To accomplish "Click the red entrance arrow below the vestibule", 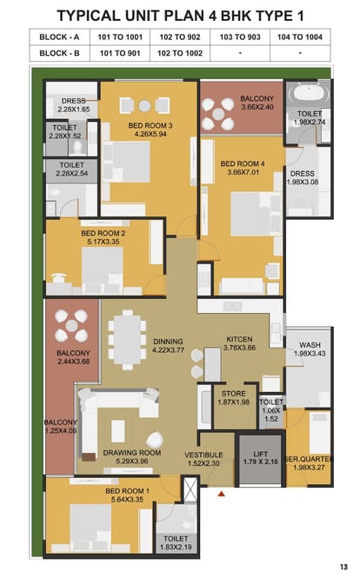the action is coord(222,494).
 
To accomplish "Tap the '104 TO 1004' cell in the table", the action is coord(299,37).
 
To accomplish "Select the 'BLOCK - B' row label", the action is coord(59,53).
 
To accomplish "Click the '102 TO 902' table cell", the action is coord(180,37).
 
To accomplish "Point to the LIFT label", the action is coord(260,454).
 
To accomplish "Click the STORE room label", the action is coord(234,394).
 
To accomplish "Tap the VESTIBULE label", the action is coord(203,455).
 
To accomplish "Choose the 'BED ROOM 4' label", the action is coord(243,163).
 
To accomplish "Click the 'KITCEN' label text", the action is coord(239,339).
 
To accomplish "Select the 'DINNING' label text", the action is coord(168,342).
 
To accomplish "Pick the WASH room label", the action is coord(310,345).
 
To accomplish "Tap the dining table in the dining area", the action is coord(127,340).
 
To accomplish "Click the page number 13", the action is coord(343,567).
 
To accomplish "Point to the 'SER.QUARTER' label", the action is coord(309,459).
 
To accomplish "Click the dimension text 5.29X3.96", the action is coord(131,462).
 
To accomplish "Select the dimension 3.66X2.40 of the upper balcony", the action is coord(257,107).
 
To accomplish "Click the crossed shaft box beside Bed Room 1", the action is coord(190,489).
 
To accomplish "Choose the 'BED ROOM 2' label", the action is coord(103,233).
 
